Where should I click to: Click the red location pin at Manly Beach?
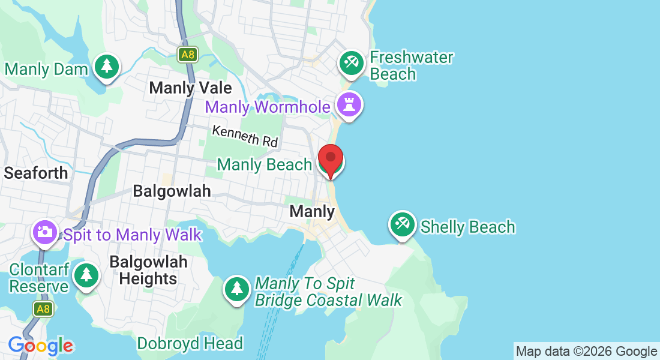point(330,158)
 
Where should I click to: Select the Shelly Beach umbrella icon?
point(402,224)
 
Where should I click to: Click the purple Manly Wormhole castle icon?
point(349,104)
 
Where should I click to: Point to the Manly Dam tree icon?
point(107,65)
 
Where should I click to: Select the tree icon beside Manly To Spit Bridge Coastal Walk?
point(238,289)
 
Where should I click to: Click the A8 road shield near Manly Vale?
point(188,55)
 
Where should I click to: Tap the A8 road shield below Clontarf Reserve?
point(43,309)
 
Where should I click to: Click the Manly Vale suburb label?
point(190,88)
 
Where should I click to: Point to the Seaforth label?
point(36,173)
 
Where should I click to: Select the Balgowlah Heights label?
point(148,270)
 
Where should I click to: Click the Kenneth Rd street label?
point(245,136)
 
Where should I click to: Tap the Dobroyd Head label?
point(190,343)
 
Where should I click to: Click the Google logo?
point(41,346)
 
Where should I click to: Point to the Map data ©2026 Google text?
point(586,352)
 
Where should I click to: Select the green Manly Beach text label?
point(264,164)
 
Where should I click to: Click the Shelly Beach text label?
point(467,227)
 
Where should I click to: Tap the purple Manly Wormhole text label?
point(268,107)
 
